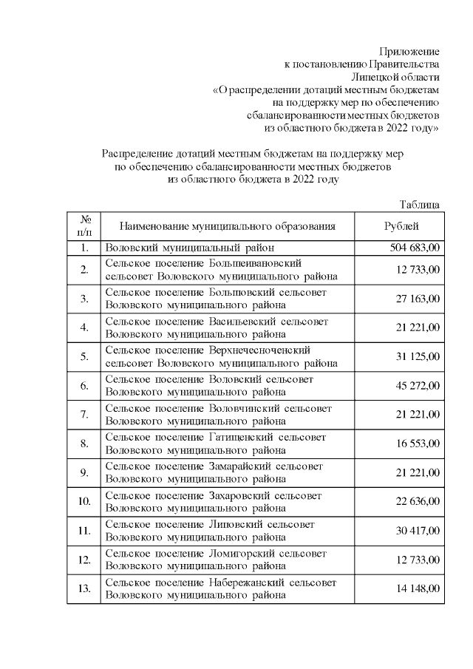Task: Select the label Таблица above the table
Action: tap(419, 205)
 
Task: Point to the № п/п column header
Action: tap(85, 226)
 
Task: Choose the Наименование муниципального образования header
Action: tap(228, 226)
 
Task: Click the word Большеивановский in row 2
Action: tap(256, 262)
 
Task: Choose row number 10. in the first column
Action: tap(85, 501)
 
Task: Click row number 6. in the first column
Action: tap(85, 385)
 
